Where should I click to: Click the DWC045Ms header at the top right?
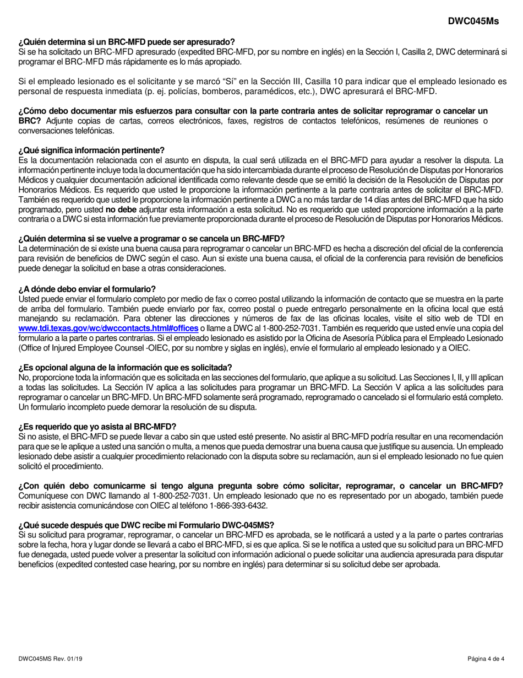click(473, 21)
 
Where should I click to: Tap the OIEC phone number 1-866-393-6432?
click(238, 505)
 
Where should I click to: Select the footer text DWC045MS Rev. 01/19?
click(51, 659)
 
